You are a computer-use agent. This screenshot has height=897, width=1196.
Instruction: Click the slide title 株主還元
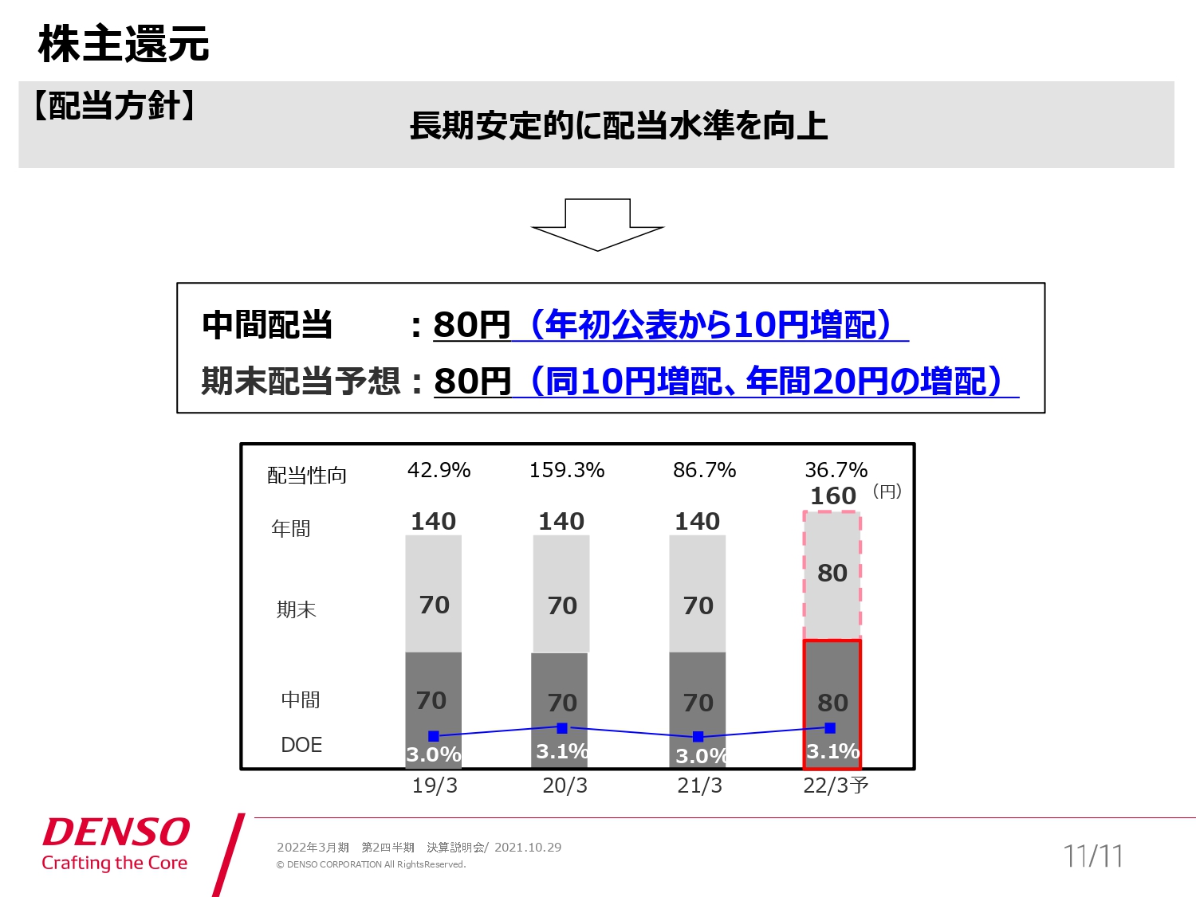124,44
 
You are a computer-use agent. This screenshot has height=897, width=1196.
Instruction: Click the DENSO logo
116,832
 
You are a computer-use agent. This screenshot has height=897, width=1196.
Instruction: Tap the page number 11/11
1092,856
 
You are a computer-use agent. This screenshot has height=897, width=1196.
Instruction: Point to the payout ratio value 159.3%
567,470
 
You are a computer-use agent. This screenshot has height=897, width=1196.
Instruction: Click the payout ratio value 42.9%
439,470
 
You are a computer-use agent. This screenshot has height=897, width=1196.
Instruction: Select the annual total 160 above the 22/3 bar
833,496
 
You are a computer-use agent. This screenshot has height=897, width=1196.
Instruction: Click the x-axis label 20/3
565,785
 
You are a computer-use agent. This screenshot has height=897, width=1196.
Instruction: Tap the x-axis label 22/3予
836,785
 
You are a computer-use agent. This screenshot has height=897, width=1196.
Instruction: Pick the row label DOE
301,745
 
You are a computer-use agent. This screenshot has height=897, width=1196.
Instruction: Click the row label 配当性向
307,476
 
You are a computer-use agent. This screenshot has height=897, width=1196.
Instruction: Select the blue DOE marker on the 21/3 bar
698,737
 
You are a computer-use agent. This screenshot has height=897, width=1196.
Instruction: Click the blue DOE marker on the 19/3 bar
434,736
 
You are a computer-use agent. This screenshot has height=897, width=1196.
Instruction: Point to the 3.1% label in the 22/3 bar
832,751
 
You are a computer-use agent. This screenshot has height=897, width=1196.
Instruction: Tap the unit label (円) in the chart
887,492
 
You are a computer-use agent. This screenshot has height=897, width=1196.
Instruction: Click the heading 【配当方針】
114,105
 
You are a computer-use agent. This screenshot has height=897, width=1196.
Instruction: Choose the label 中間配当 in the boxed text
267,325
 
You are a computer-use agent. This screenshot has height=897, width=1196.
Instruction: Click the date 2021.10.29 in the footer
528,848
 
